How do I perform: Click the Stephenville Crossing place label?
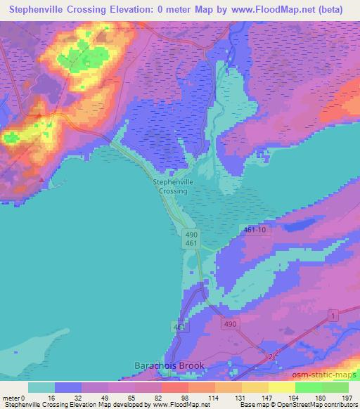[x=171, y=186]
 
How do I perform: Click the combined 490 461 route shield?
[x=192, y=238]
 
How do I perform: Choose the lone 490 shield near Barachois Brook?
[x=231, y=324]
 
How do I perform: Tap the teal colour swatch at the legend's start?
[x=41, y=387]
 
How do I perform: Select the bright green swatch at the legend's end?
[x=335, y=387]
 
